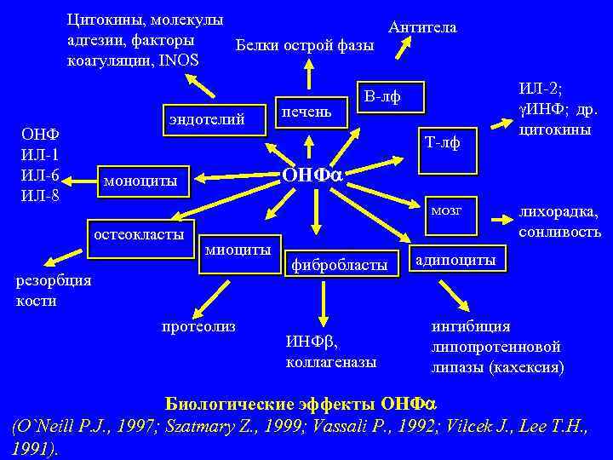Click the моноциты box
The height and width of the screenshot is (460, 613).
pos(141,181)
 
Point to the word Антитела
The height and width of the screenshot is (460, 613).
pos(422,27)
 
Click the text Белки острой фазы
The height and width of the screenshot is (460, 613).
pos(304,44)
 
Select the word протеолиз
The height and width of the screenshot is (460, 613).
pos(198,325)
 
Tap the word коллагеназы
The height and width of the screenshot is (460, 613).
pos(331,361)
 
